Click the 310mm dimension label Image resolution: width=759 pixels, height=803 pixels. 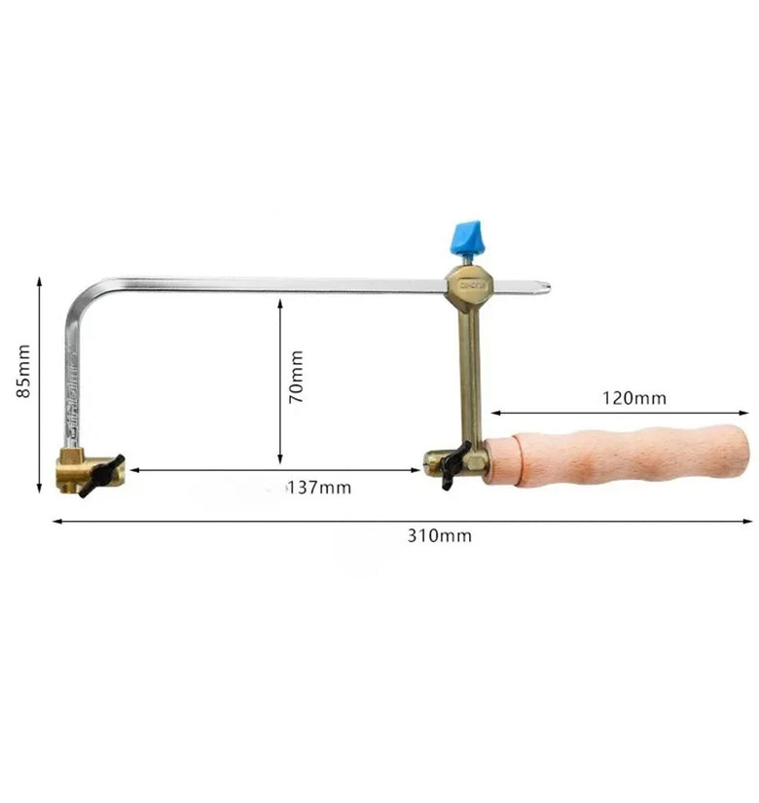pos(440,535)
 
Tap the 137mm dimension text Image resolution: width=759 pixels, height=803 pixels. pos(320,488)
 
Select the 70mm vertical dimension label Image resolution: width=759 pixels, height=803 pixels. pos(297,377)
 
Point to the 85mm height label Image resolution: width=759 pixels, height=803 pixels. pos(23,371)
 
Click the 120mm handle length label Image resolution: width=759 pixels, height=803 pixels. pos(634,398)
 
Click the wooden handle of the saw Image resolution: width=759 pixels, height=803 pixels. pos(617,455)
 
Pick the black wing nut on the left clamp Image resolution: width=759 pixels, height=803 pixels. pos(102,476)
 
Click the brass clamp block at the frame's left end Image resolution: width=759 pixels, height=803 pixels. pos(82,470)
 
